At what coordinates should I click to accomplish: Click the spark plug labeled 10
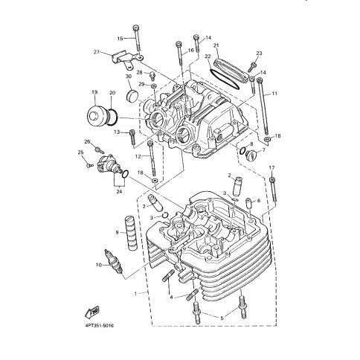point(114,262)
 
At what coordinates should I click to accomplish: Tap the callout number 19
point(94,92)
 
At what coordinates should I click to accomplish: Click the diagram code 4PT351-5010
point(99,326)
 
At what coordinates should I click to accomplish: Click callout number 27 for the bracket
point(97,52)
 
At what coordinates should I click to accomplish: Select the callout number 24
point(119,192)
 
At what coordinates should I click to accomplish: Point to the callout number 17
point(271,168)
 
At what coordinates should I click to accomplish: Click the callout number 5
point(222,318)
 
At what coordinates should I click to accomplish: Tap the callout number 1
point(135,294)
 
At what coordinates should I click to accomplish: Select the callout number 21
point(216,45)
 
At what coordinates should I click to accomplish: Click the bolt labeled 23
point(251,66)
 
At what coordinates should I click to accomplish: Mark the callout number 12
point(138,156)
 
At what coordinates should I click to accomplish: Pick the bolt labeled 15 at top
point(137,39)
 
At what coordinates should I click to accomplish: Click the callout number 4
point(171,297)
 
